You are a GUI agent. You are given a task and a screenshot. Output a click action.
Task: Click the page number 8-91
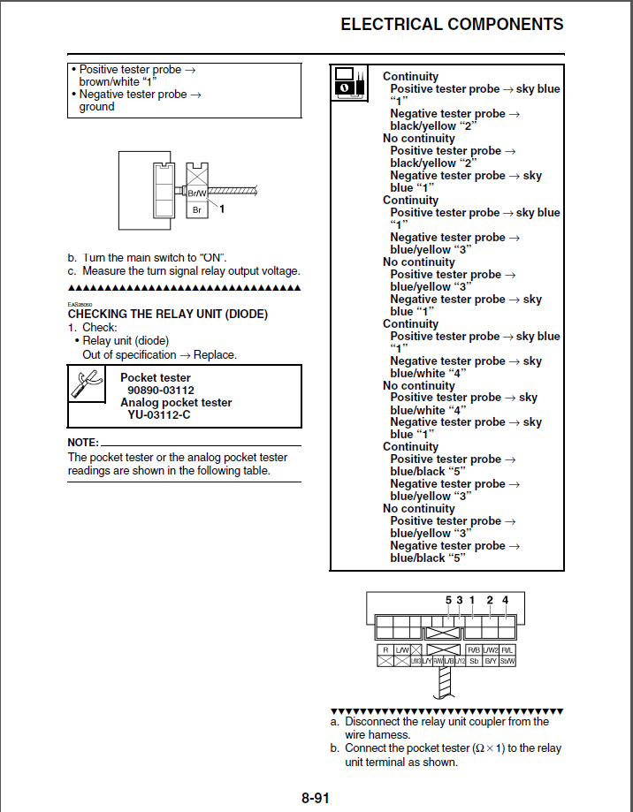(315, 799)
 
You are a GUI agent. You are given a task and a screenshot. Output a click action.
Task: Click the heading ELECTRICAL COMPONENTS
(452, 25)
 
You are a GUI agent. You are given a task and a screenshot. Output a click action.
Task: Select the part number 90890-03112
(161, 390)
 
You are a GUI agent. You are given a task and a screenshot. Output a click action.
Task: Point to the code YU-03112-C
(158, 414)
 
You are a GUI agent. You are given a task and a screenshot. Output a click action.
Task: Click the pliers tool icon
(86, 383)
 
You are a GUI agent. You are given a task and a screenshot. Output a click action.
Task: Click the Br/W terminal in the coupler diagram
(197, 193)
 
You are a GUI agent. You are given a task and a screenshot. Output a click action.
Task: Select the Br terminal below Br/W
(197, 210)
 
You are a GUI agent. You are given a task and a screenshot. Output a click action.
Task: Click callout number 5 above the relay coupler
(448, 601)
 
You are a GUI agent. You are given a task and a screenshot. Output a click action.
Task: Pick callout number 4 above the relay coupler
(505, 601)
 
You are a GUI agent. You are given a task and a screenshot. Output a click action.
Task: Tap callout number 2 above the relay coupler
(490, 601)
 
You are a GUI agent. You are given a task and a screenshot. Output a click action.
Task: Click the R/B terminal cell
(473, 650)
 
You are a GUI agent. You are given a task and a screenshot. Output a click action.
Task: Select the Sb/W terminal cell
(507, 661)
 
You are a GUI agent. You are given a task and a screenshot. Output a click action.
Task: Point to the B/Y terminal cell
(491, 661)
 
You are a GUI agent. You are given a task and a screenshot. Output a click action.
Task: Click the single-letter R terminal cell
(385, 650)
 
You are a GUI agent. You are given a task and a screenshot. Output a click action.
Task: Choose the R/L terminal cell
(507, 650)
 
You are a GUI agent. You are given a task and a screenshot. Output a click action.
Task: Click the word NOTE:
(83, 442)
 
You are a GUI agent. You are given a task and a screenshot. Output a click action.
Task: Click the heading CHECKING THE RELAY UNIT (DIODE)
(167, 314)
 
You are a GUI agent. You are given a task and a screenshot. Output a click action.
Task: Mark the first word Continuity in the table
(410, 77)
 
